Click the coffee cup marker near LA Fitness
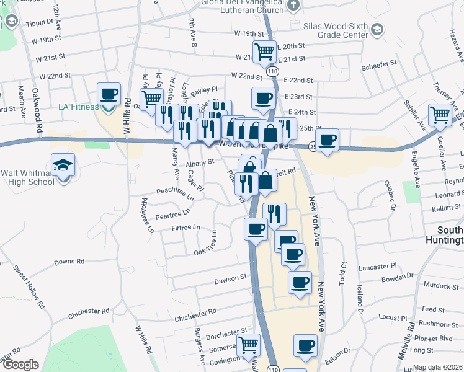[109, 95]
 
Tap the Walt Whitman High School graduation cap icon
[63, 166]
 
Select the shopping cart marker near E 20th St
[264, 51]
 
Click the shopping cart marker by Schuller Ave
[440, 114]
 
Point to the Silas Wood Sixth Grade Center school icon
[376, 29]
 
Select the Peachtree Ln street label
[174, 192]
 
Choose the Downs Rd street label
[68, 262]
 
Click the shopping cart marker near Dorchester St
[248, 344]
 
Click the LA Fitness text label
[78, 107]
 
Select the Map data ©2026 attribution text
[437, 367]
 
